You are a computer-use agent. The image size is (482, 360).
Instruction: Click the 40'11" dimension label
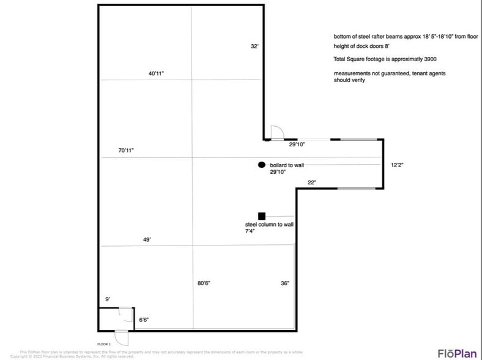coord(156,73)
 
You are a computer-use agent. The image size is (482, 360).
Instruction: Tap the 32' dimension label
coord(254,46)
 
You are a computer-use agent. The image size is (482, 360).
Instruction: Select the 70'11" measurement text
coord(126,150)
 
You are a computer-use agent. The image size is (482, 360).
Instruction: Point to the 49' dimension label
coord(147,240)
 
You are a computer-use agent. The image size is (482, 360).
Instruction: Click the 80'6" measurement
coord(204,283)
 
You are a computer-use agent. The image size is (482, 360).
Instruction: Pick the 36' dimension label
coord(284,283)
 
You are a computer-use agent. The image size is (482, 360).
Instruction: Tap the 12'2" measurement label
coord(398,165)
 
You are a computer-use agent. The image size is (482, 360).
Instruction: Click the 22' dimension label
coord(311,182)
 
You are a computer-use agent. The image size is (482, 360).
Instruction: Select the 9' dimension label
coord(108,299)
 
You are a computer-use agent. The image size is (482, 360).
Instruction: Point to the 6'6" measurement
coord(144,319)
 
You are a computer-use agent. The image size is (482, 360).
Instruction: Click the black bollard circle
coord(262,165)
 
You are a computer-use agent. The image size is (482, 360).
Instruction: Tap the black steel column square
coord(262,216)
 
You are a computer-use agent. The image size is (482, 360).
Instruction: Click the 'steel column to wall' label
coord(269,225)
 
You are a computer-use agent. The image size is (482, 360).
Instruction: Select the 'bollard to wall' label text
coord(287,165)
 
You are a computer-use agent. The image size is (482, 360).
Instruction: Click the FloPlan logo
coord(457,353)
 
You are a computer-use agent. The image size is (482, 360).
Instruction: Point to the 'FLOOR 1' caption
coord(104,344)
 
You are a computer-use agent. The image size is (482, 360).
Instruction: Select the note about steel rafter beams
coord(406,36)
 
